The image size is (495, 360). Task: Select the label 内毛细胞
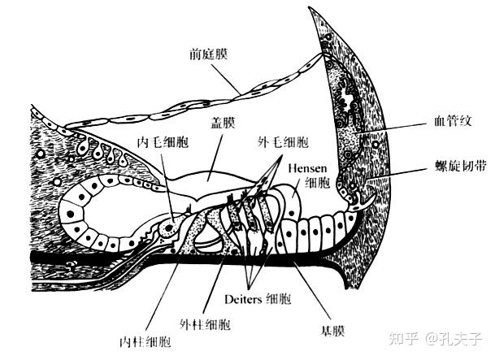coord(163,139)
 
